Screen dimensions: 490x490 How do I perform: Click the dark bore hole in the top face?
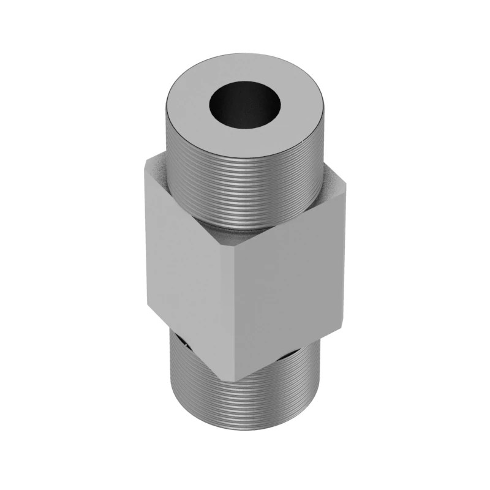pyautogui.click(x=244, y=106)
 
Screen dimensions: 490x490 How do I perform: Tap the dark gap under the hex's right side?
pyautogui.click(x=288, y=356)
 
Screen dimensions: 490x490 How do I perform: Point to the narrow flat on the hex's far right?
pyautogui.click(x=339, y=257)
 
